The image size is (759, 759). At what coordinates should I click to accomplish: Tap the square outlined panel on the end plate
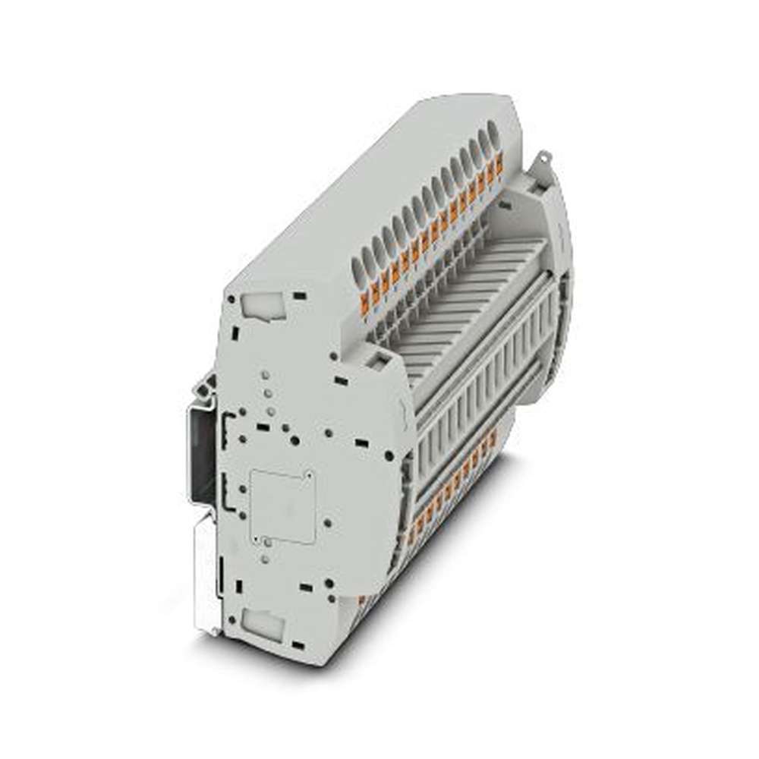282,506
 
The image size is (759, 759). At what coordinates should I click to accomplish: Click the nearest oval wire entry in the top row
357,269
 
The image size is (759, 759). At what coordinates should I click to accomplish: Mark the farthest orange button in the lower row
493,438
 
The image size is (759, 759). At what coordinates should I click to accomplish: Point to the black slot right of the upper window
300,294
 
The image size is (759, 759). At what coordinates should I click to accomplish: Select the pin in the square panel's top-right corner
310,476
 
